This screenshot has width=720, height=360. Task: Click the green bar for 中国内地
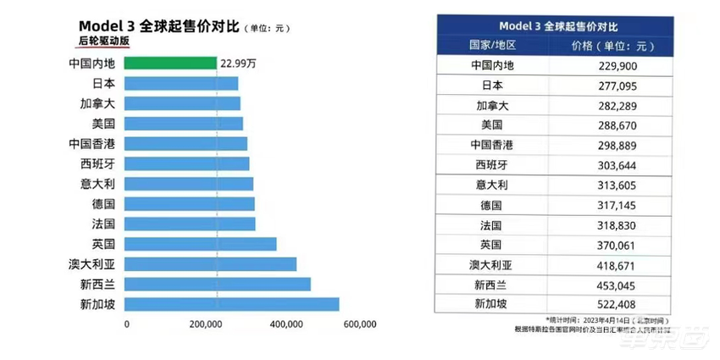(x=171, y=63)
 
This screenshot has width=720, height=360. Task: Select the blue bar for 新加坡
(x=232, y=304)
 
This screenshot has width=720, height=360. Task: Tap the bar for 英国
(x=201, y=244)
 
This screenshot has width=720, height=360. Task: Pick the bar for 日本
(x=181, y=83)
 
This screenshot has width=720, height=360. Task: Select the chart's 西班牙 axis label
(x=98, y=163)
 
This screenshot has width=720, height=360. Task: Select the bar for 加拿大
(x=183, y=103)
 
